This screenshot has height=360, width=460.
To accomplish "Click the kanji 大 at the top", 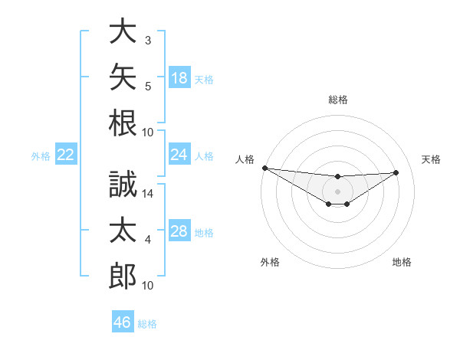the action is [123, 31].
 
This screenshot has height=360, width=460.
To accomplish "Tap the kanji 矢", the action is [123, 77].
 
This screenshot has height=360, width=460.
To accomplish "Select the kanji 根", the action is [123, 123].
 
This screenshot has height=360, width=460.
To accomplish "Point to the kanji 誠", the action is [123, 184].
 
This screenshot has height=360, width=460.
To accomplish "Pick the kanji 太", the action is [123, 230].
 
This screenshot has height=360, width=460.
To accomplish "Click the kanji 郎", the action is [123, 276].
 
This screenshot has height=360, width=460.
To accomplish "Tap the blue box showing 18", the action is [179, 77].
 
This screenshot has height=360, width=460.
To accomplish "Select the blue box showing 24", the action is [179, 154].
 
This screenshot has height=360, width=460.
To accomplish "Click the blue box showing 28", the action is [179, 230].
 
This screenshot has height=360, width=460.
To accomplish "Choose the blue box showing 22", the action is [66, 154].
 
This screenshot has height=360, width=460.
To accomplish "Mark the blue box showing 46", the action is [123, 321].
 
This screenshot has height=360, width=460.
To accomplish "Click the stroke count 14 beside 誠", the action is [147, 194].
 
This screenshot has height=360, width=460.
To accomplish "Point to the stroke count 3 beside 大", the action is [148, 41].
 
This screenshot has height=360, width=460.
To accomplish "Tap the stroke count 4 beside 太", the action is [148, 240].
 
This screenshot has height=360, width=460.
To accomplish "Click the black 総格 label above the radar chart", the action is [338, 100].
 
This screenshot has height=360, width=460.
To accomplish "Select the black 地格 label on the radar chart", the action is [402, 262].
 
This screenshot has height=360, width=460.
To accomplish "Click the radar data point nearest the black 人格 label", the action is [265, 168].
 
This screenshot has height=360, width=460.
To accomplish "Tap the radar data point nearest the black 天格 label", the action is [396, 172].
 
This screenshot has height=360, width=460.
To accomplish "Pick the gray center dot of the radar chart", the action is [337, 191].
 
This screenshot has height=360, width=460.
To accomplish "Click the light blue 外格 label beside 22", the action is [41, 156].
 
